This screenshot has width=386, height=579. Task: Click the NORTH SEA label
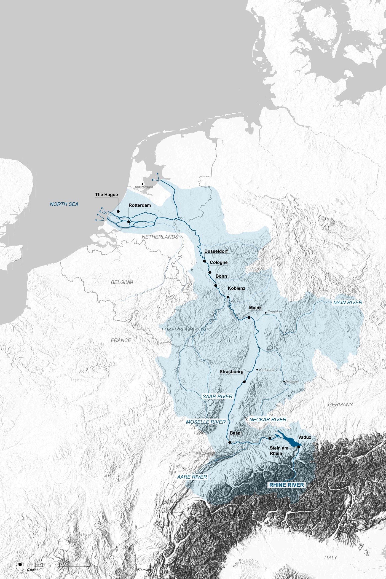coord(64,204)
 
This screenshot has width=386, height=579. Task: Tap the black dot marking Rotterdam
coord(129,222)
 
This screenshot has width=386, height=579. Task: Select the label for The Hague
coord(106,195)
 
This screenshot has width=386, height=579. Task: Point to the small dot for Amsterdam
coord(143,184)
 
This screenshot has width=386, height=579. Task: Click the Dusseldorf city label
coord(216,251)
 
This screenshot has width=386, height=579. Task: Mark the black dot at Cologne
coord(210,272)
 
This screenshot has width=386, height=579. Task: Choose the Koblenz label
coord(237,288)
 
